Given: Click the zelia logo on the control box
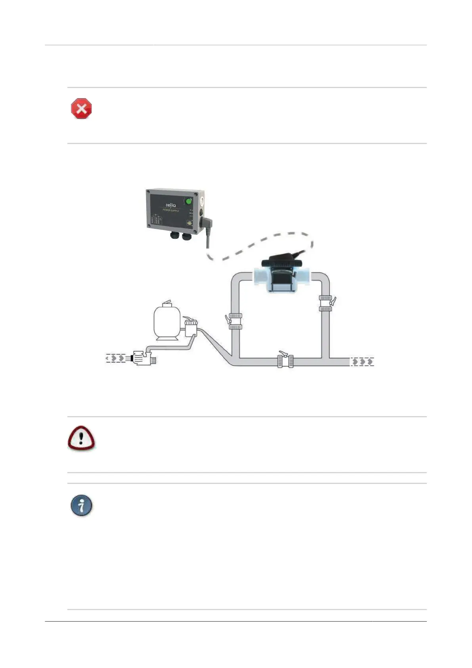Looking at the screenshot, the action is coord(170,205).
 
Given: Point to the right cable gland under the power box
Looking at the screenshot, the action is coord(186,236).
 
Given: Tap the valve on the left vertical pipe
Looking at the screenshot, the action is coord(235,321).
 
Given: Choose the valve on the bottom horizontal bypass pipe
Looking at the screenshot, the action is coord(285,361).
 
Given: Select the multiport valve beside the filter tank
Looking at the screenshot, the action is coord(191,328).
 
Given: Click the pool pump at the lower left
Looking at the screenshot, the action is coord(143,358).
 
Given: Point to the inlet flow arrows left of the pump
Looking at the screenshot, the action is coord(115,358).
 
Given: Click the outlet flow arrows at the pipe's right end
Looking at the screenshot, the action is coord(362,362).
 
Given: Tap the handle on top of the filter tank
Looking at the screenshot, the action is coord(168,302).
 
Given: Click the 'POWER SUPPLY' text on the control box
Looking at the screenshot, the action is coord(171,211).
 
